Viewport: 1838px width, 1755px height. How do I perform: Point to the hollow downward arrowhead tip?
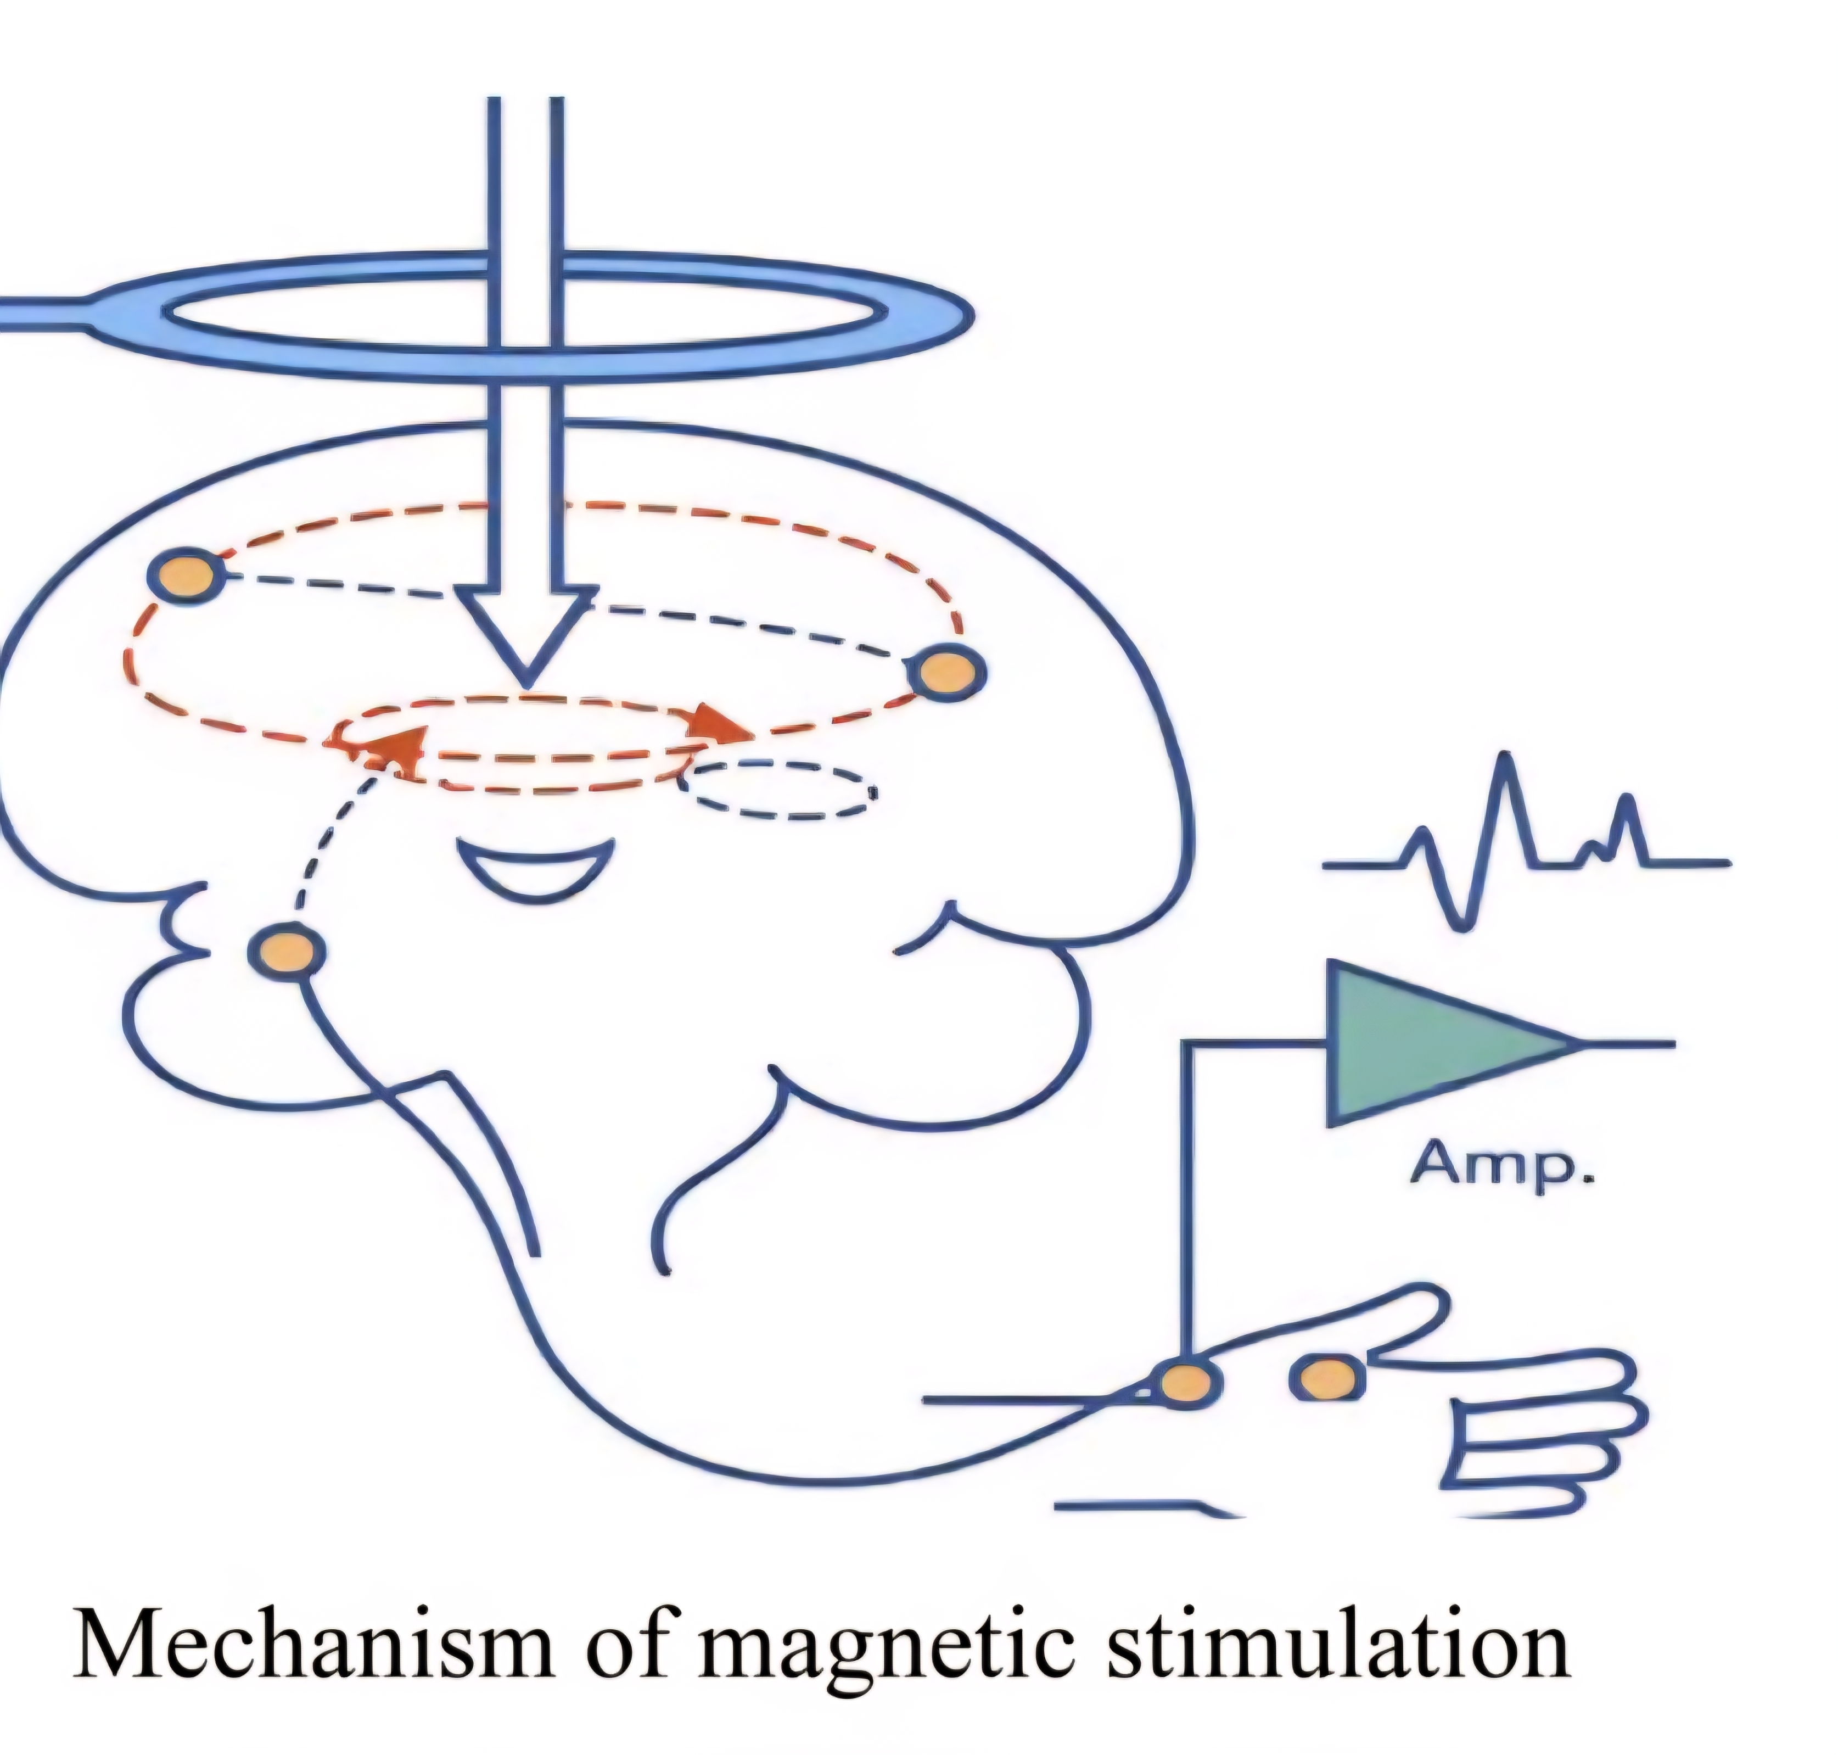point(526,686)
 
